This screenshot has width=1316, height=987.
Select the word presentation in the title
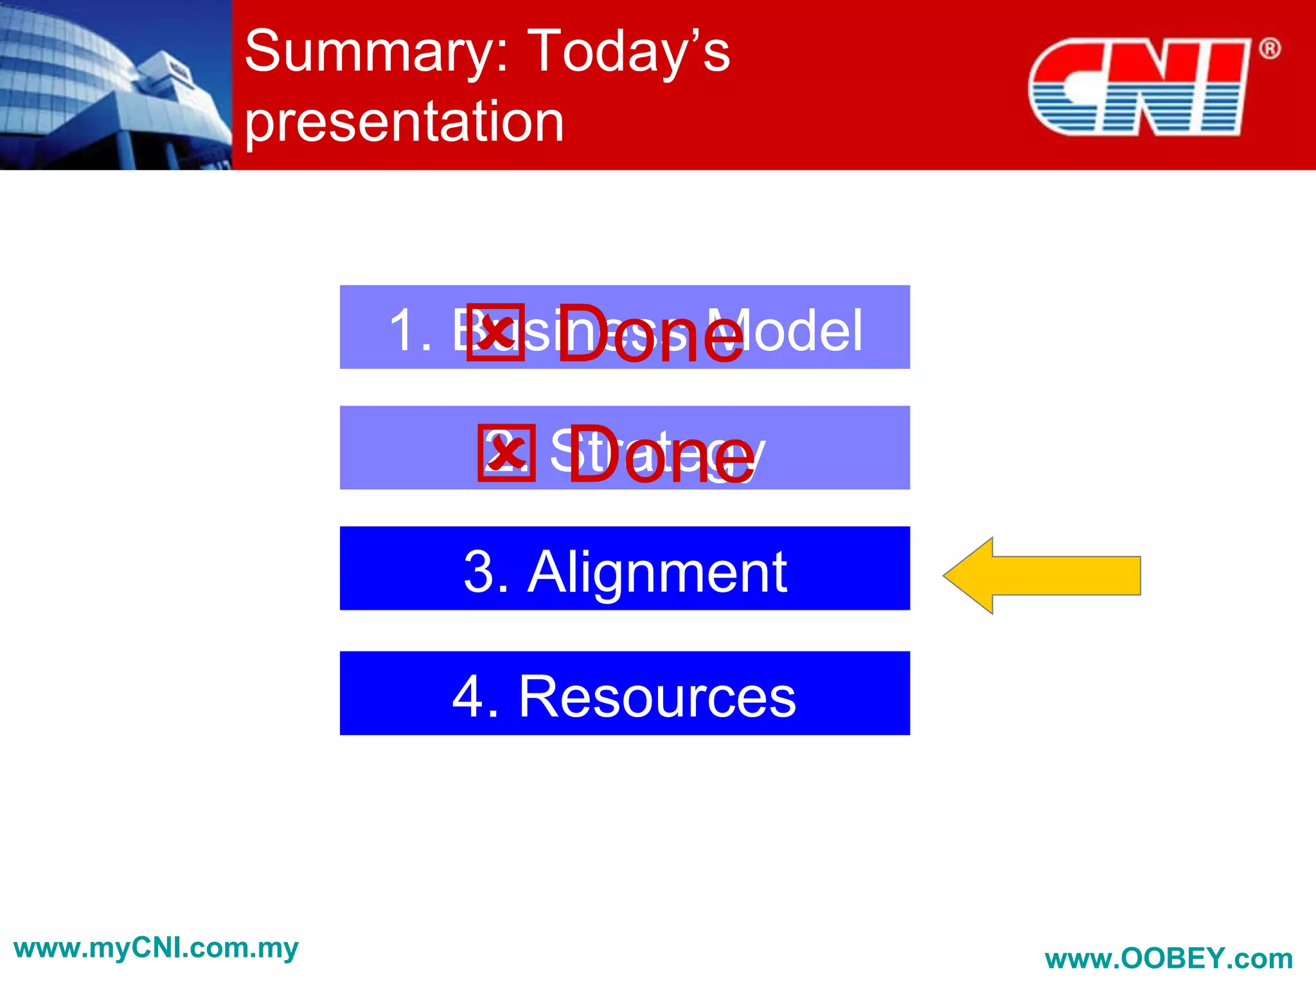click(404, 122)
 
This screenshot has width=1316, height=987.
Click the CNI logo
click(1138, 87)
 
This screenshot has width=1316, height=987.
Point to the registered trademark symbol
click(1269, 49)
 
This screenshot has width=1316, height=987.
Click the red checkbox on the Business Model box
click(495, 333)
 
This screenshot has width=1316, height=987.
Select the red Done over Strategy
click(662, 455)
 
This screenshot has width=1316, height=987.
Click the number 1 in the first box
click(404, 330)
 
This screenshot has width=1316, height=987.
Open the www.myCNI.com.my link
click(156, 948)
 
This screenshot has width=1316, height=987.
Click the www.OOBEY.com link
click(1168, 959)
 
